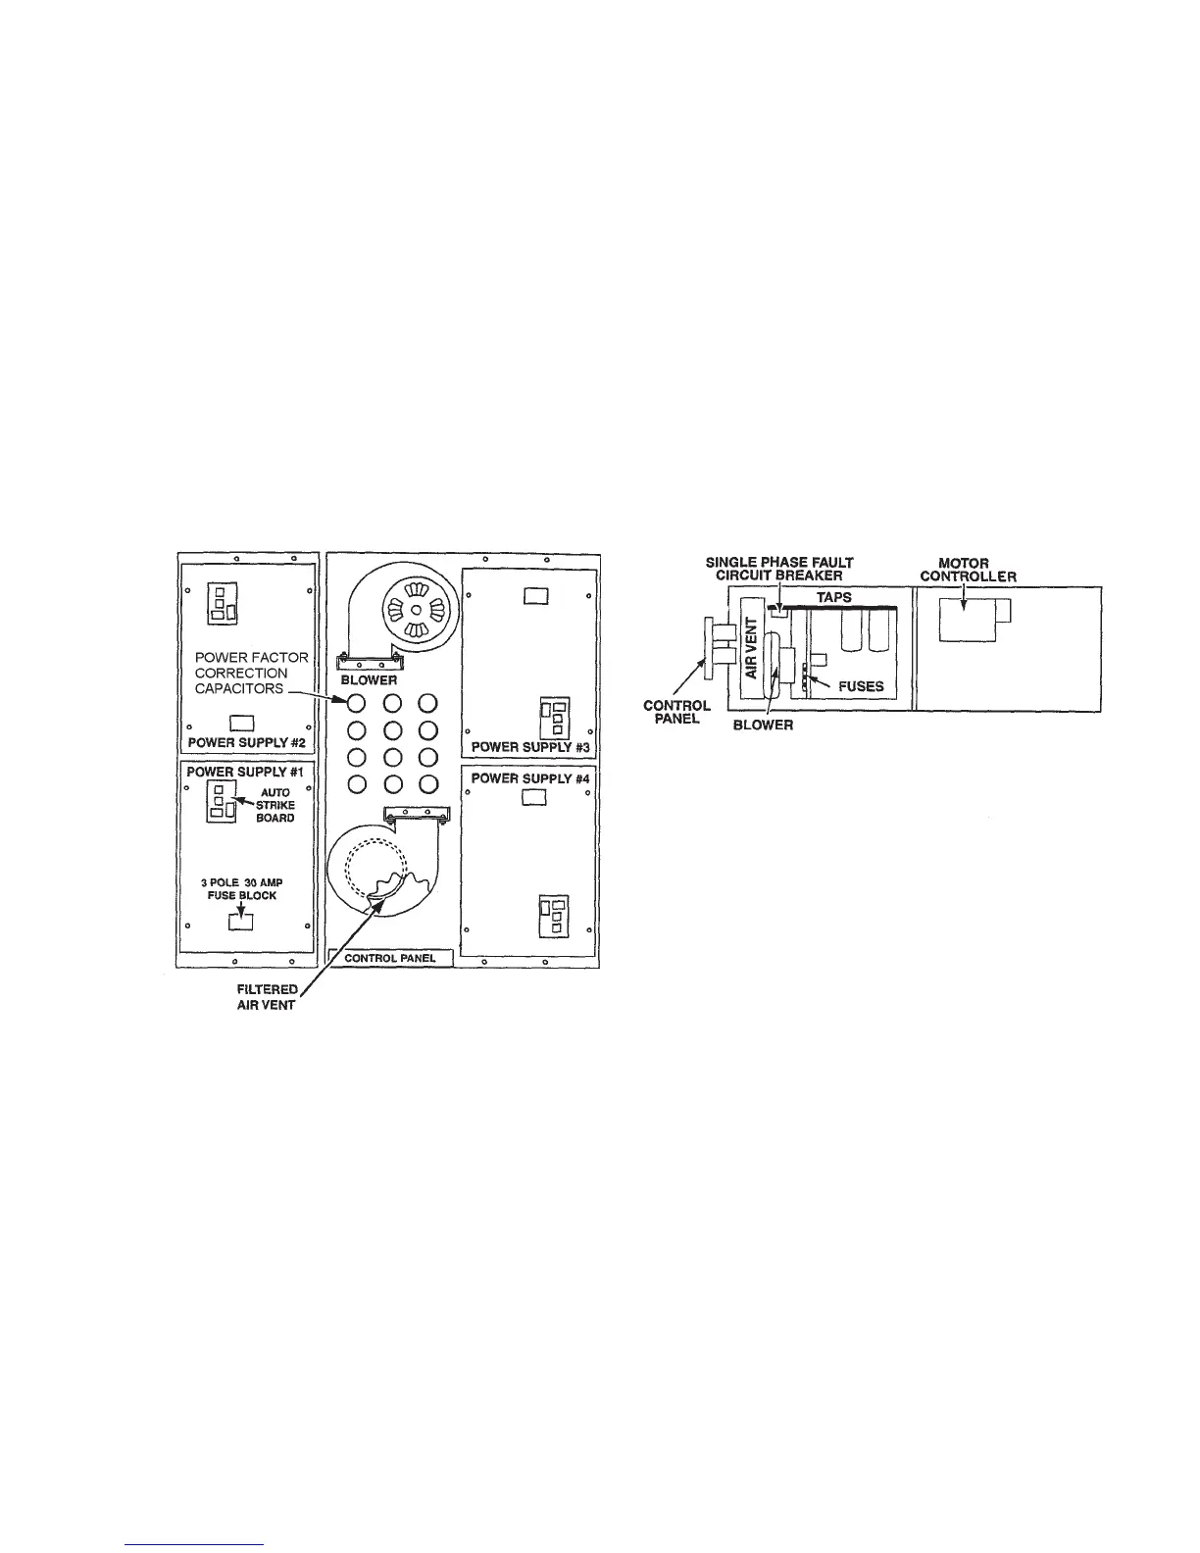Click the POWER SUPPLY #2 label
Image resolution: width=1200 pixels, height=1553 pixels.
246,742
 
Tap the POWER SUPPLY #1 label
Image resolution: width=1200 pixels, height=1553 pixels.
246,772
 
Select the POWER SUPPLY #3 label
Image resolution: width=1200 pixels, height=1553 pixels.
529,747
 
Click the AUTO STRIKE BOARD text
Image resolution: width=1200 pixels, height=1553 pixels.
275,805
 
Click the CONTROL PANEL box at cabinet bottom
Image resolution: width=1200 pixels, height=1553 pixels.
390,958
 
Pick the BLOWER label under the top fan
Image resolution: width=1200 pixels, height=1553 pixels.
369,679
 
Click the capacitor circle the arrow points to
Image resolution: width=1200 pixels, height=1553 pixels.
357,702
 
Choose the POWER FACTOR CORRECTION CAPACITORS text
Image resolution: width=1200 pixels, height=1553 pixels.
251,673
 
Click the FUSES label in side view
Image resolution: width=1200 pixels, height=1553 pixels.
861,686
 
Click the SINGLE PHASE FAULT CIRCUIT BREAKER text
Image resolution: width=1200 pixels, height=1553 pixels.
779,569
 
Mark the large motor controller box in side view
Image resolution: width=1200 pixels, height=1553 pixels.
967,621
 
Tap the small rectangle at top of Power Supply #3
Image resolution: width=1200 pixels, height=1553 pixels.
535,595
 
